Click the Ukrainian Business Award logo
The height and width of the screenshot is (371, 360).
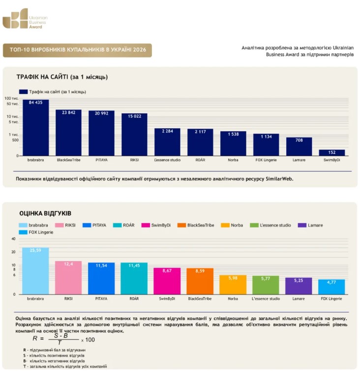click(25, 19)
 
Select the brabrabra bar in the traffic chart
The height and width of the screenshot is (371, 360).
click(36, 128)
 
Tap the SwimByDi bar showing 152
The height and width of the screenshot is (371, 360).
click(332, 153)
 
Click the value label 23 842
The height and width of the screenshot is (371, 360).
click(69, 113)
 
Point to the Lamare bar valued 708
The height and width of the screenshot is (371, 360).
click(299, 146)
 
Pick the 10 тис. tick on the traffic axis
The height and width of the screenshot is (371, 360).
click(13, 116)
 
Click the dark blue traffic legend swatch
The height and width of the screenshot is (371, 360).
click(23, 92)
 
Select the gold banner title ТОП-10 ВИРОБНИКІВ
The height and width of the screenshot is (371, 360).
click(78, 50)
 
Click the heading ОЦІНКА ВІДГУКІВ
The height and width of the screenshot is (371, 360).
click(45, 213)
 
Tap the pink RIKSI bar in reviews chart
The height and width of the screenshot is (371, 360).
click(68, 278)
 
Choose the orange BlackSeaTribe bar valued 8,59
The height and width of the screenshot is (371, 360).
click(200, 281)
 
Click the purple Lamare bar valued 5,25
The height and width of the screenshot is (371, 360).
click(299, 286)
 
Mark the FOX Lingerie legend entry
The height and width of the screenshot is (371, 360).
click(36, 232)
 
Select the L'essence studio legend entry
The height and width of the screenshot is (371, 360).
click(270, 225)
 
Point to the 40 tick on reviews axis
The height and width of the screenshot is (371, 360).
click(13, 239)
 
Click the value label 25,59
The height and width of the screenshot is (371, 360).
click(35, 250)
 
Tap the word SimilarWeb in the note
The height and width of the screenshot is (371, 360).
click(279, 179)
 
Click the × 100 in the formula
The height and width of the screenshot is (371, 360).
click(88, 340)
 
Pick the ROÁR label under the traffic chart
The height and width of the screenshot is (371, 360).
click(200, 160)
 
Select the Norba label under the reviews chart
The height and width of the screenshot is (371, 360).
click(233, 299)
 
